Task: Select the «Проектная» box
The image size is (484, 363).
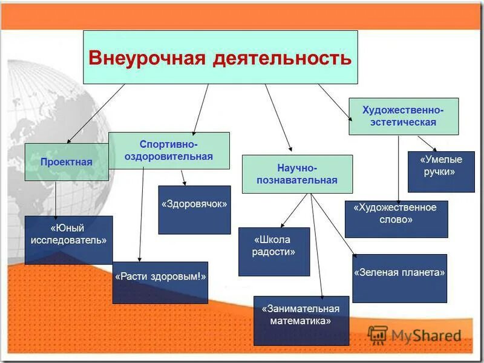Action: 67,162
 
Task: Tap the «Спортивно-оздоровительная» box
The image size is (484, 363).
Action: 169,151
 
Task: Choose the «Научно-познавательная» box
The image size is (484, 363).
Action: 297,174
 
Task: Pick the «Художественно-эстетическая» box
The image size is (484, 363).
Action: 404,116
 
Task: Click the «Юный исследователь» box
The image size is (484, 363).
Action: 68,240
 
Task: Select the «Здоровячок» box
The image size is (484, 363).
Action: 194,209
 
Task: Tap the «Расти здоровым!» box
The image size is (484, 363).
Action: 160,282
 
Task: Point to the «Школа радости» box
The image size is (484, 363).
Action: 274,251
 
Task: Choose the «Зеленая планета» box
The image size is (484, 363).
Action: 399,278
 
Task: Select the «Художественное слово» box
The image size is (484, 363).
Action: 396,218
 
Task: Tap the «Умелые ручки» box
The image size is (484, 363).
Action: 441,172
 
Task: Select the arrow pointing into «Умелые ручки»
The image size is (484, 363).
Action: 427,143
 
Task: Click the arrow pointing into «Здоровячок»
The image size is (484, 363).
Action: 183,177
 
